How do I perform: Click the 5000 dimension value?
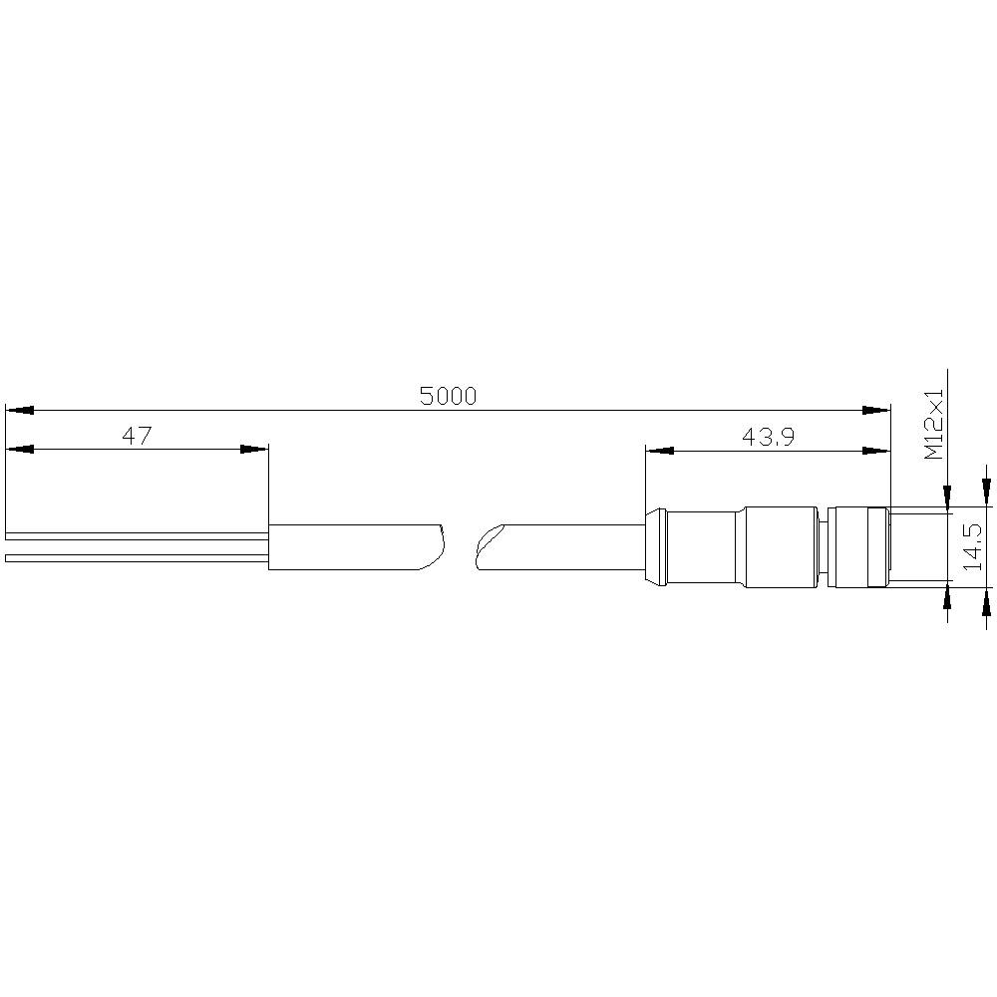point(448,396)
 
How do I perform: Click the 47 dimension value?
point(137,436)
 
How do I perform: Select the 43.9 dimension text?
point(768,437)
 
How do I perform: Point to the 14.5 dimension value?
point(973,547)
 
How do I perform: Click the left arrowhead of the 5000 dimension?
point(20,410)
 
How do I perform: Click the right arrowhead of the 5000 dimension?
point(875,410)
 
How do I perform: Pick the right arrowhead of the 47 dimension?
point(254,450)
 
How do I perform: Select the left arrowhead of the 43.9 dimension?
point(660,451)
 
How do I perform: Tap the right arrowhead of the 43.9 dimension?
point(875,451)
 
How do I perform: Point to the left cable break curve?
point(437,546)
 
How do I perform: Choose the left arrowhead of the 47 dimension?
point(20,450)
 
